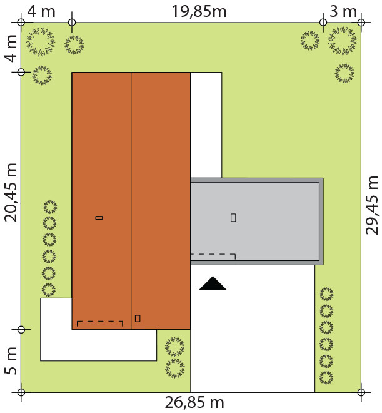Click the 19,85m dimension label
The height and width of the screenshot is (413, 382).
(199, 12)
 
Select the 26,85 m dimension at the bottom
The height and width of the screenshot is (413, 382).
(194, 403)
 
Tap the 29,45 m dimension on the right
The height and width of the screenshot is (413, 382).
(372, 205)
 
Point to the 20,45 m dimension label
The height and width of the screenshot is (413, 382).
(11, 192)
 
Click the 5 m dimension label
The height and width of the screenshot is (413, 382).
(11, 361)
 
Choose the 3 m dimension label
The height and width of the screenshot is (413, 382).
(343, 12)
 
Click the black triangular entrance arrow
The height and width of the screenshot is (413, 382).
(213, 283)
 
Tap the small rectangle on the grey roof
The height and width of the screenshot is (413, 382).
(233, 218)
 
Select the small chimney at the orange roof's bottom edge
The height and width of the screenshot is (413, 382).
(138, 319)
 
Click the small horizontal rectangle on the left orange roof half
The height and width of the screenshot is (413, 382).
(99, 218)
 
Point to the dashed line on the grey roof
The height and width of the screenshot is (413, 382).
(213, 255)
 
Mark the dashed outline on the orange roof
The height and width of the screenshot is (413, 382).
(99, 322)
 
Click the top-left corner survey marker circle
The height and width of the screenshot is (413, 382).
(21, 23)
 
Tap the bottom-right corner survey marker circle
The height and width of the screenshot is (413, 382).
(361, 392)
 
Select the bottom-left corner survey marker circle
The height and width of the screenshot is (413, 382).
(21, 392)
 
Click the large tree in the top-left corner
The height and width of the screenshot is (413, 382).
(41, 42)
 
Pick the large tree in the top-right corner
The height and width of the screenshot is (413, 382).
(343, 41)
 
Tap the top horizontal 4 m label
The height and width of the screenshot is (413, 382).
(41, 12)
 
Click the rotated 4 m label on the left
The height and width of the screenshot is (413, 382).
(11, 48)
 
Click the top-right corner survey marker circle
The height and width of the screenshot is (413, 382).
(361, 23)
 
